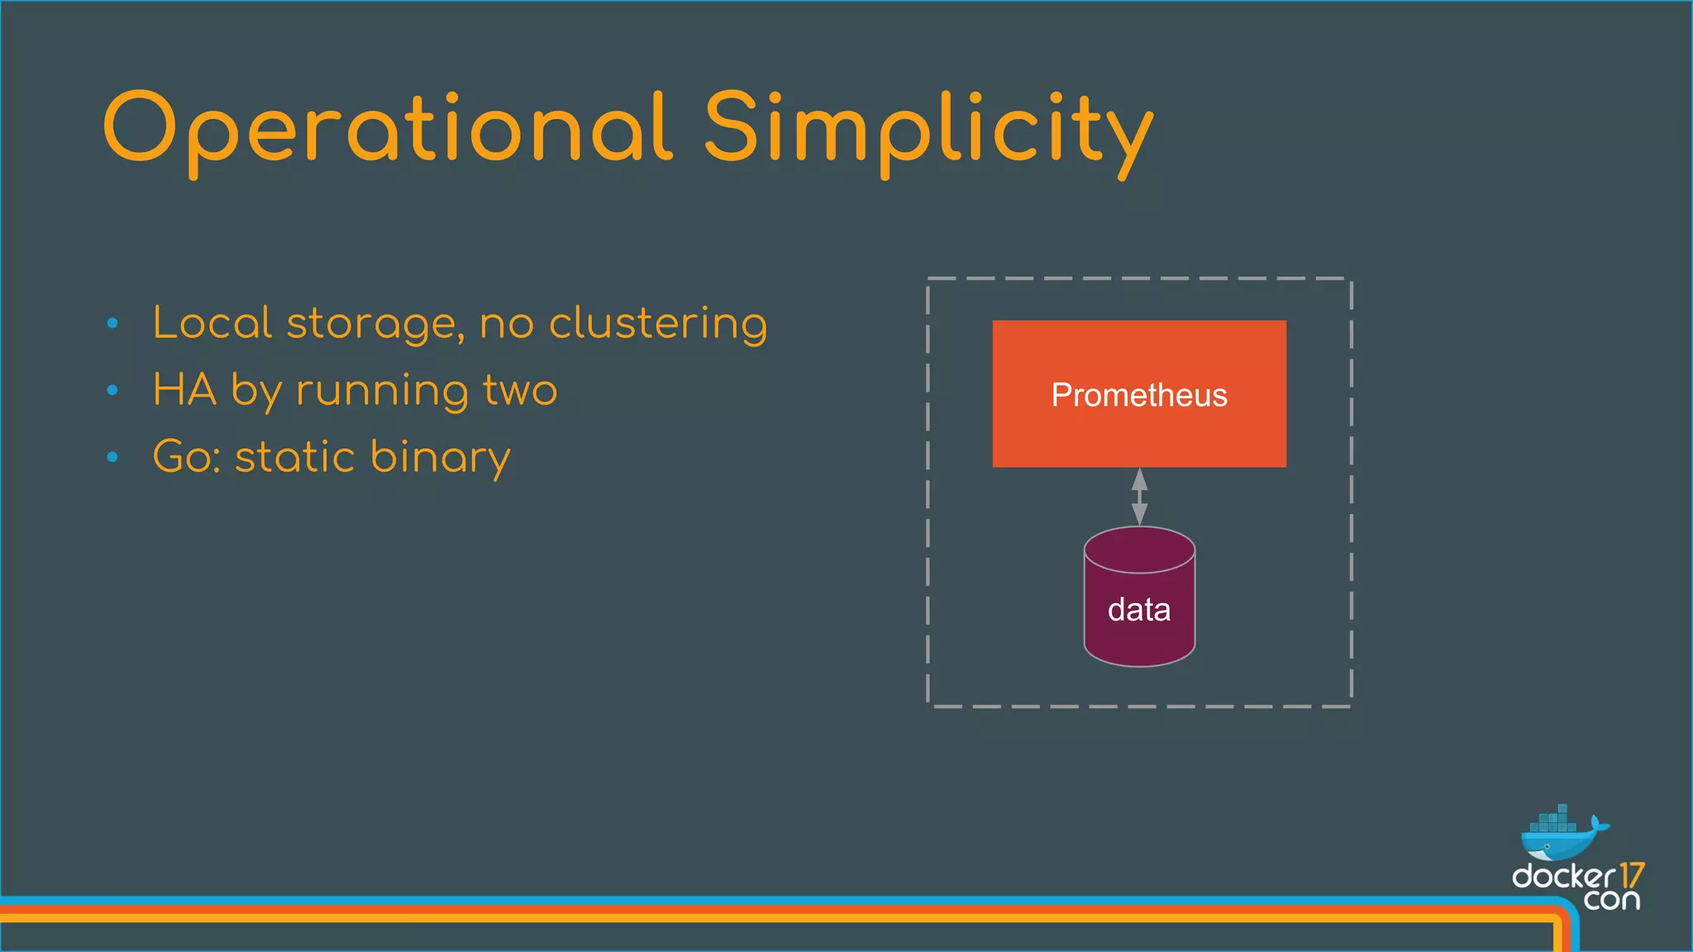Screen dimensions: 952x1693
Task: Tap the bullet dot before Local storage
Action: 112,324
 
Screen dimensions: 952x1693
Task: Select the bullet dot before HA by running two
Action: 112,390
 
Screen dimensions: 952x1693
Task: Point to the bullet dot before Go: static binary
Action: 112,457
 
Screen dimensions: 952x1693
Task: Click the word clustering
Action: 658,324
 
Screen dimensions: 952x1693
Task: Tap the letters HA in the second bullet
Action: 184,390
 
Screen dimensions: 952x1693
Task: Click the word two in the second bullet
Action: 520,391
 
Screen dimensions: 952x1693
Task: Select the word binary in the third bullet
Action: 441,458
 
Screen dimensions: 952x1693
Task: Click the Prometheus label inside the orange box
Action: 1139,395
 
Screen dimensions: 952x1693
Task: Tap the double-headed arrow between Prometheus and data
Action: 1139,497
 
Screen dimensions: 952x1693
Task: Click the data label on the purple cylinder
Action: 1139,610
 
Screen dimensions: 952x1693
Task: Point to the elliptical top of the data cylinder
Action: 1139,549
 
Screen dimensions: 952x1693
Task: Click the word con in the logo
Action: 1611,899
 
